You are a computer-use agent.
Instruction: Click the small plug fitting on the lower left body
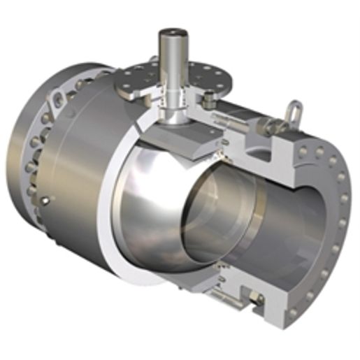pos(47,200)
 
